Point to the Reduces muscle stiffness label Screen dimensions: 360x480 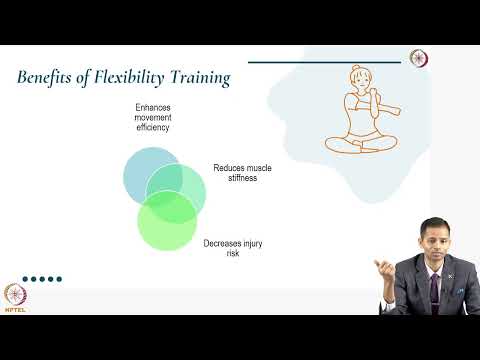coord(241,174)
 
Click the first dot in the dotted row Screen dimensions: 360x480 coord(26,280)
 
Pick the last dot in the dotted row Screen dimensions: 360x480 coord(59,280)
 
